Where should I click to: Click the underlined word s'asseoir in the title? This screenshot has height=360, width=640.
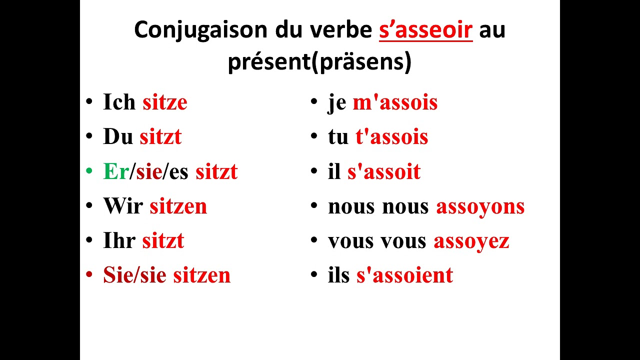[x=425, y=30]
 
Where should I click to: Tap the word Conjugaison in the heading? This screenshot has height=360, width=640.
[x=200, y=30]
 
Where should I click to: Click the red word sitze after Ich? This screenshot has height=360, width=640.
[x=164, y=102]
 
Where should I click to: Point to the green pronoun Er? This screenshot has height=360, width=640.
[x=116, y=172]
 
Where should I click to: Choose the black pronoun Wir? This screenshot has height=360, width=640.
[x=123, y=206]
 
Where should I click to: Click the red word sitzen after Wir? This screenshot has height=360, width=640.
[x=178, y=206]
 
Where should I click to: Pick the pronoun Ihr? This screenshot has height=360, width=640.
[x=119, y=241]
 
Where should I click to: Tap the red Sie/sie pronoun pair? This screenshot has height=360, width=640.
[x=134, y=275]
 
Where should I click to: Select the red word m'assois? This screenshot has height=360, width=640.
[x=395, y=102]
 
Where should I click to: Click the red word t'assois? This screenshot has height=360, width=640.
[x=391, y=137]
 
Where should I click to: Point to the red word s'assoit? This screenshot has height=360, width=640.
[x=383, y=172]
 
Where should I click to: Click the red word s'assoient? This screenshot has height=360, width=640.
[x=404, y=275]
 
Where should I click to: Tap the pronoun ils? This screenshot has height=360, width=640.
[x=338, y=275]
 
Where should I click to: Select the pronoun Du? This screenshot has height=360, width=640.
[x=118, y=137]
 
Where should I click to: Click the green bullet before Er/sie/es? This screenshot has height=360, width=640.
[x=89, y=171]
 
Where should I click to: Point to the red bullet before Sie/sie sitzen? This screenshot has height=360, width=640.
[x=89, y=275]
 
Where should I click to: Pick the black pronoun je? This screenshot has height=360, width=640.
[x=337, y=103]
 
